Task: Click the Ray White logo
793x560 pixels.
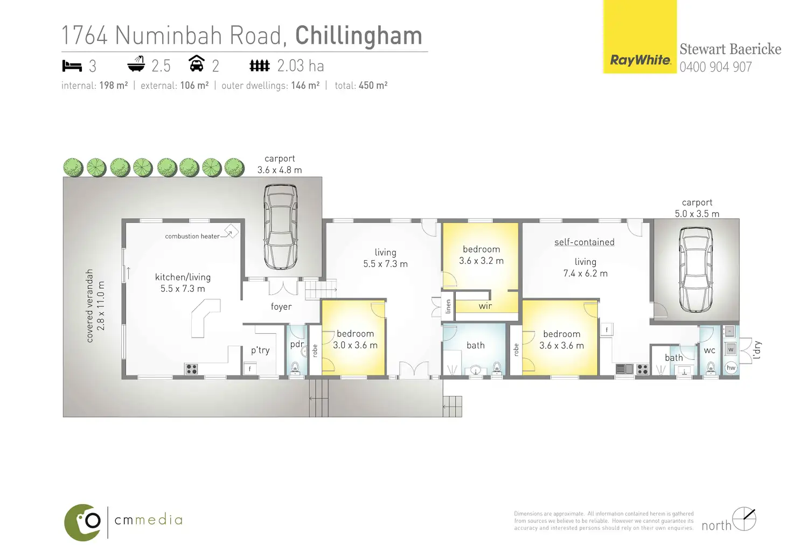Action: [640, 60]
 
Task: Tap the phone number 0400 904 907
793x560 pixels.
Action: [715, 67]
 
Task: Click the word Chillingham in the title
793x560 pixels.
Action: [358, 36]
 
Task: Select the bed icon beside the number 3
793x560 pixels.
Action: [72, 66]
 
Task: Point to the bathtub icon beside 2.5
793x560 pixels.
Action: [136, 65]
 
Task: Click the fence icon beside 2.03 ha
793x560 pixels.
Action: [259, 66]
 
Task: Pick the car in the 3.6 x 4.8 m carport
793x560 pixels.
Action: [280, 226]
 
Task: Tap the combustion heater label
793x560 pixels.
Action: [192, 236]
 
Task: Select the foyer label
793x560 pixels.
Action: [281, 307]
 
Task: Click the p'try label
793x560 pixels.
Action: [260, 351]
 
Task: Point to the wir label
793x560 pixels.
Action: [485, 306]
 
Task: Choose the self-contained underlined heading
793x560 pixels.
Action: [585, 242]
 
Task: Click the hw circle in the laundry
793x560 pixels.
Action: [731, 368]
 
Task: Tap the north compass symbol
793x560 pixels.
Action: [744, 519]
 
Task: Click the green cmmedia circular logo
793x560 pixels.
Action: [83, 522]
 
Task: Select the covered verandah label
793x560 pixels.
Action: [90, 305]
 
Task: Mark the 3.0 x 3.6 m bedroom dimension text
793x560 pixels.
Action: [355, 346]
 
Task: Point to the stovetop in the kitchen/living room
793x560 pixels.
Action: [191, 369]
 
